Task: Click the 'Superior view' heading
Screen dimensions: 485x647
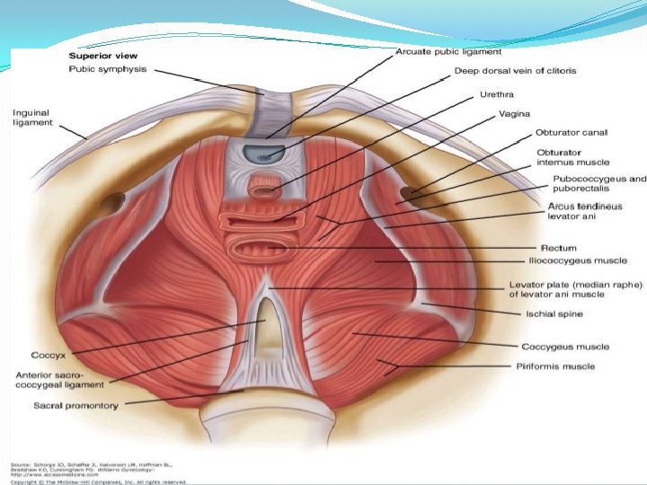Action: click(x=97, y=56)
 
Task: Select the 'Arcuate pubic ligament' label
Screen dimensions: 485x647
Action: click(x=448, y=52)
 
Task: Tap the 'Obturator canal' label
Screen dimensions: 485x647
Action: click(x=572, y=133)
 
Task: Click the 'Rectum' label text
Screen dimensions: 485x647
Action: click(x=558, y=248)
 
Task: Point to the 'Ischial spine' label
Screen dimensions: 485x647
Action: click(x=554, y=313)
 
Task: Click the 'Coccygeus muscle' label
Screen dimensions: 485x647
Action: click(x=564, y=347)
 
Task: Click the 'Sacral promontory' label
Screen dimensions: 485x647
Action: click(x=75, y=405)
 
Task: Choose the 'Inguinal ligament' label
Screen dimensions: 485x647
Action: click(x=33, y=118)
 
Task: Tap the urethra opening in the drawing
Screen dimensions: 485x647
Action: click(x=264, y=190)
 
